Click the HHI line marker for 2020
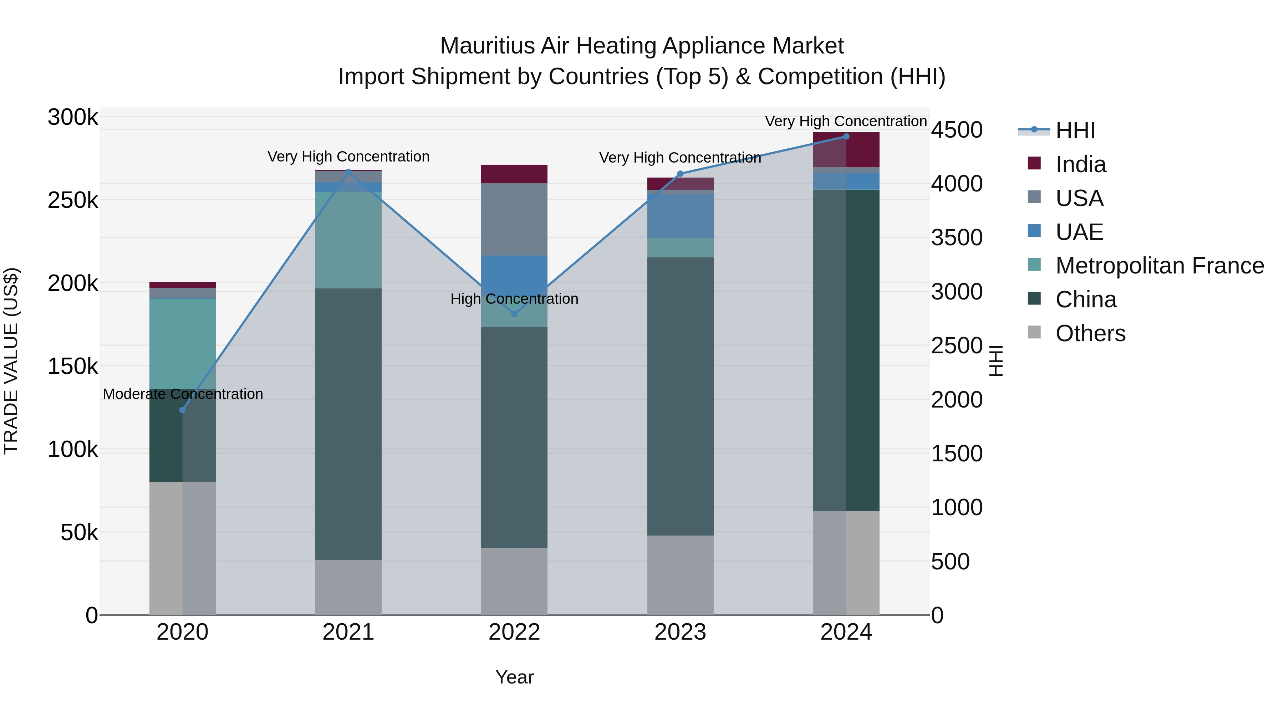click(x=182, y=410)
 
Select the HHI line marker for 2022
click(x=514, y=314)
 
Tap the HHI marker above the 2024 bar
click(x=846, y=137)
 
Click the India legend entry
click(x=1080, y=164)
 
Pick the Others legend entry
click(x=1090, y=333)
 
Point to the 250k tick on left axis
click(x=73, y=201)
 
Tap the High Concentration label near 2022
click(x=514, y=299)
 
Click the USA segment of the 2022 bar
click(x=514, y=219)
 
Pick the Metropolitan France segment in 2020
click(x=182, y=344)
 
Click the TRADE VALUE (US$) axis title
click(x=11, y=361)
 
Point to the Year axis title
click(x=514, y=677)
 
